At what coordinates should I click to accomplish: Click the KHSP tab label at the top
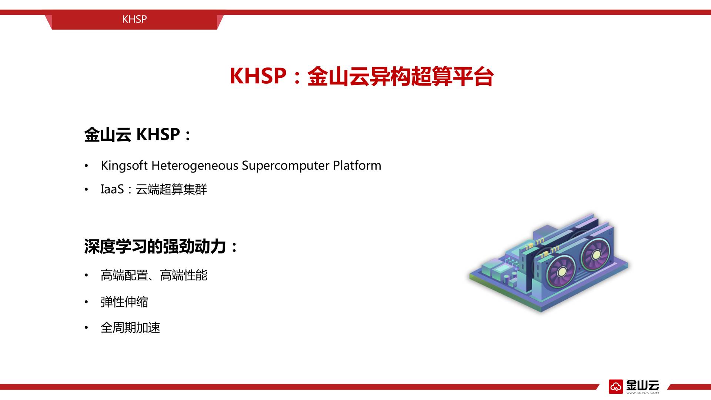click(x=134, y=19)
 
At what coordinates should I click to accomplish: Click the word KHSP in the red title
click(x=258, y=76)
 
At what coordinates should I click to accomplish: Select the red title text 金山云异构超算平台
click(x=400, y=77)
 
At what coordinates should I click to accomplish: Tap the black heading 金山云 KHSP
click(x=132, y=134)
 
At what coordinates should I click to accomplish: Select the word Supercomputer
click(x=286, y=166)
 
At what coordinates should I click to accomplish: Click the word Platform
click(x=357, y=165)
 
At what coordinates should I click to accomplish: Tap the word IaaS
click(x=112, y=189)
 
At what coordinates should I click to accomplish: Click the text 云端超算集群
click(x=171, y=189)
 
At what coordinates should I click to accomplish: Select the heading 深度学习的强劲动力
click(x=155, y=246)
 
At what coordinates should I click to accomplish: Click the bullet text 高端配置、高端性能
click(x=154, y=276)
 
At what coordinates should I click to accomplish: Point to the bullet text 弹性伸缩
click(x=124, y=302)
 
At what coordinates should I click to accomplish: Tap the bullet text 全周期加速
click(x=130, y=328)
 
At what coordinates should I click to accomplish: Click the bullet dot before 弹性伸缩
click(x=86, y=302)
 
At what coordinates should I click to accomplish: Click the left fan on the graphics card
click(x=561, y=272)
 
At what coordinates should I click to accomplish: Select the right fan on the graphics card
click(x=596, y=255)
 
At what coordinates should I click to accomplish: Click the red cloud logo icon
click(x=616, y=387)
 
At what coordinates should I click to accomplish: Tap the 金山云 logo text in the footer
click(x=642, y=385)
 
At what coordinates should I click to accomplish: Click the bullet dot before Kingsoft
click(x=86, y=166)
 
